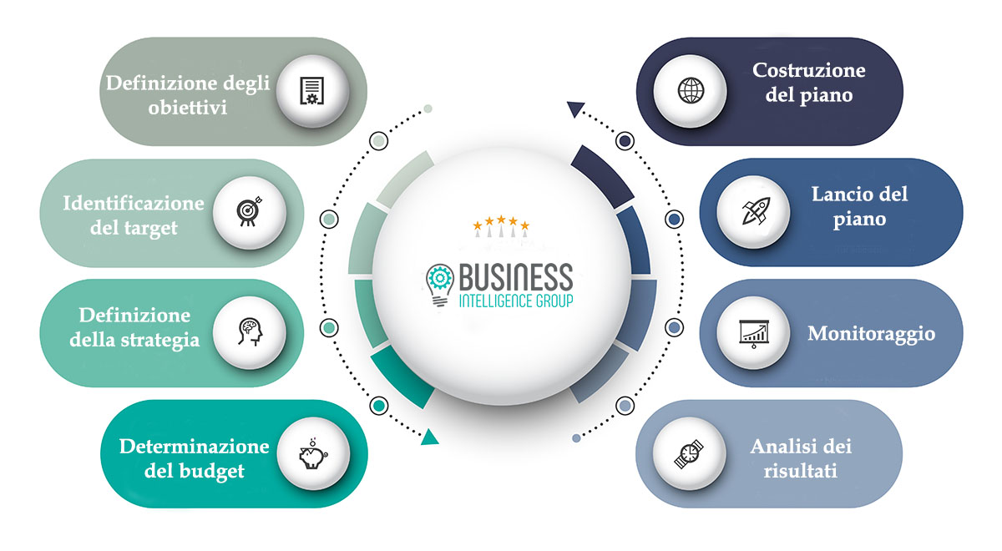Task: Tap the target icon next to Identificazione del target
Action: (247, 212)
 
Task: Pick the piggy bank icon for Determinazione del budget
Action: (311, 453)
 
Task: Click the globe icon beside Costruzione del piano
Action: (690, 89)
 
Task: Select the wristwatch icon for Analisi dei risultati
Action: (690, 453)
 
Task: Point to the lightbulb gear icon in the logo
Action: (440, 286)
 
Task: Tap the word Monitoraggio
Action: (871, 334)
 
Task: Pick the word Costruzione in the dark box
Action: (809, 70)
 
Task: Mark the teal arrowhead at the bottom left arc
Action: (430, 437)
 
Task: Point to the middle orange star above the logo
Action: (501, 220)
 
